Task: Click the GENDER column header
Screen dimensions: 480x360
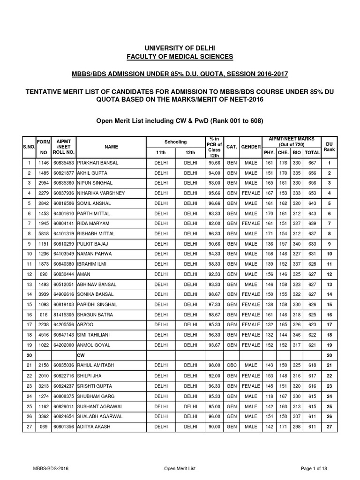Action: coord(251,147)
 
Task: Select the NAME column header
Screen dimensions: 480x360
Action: coord(111,147)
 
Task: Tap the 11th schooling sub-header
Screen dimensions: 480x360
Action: coord(160,153)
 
